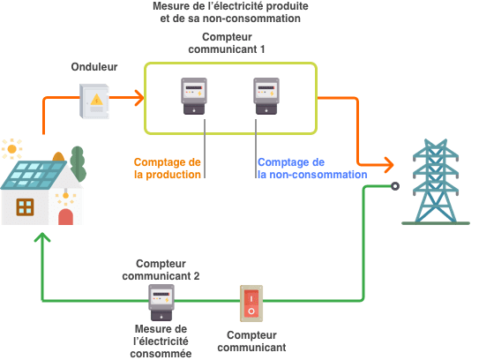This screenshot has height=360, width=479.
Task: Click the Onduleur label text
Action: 94,67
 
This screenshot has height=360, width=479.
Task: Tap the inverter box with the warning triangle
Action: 94,101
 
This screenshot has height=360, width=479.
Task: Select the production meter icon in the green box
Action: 194,96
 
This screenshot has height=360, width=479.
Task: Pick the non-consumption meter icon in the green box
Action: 266,96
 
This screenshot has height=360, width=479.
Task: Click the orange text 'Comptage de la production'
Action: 168,168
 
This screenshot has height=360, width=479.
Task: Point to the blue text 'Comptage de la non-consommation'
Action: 312,168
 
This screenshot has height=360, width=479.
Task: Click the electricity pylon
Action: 436,182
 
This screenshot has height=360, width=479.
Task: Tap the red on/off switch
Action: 251,304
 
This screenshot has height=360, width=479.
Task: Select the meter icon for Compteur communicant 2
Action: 161,303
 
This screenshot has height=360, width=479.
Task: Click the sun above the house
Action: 12,149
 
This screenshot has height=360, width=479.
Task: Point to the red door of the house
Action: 65,217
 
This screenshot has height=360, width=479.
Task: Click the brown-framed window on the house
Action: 25,206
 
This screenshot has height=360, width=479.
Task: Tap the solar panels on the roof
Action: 34,175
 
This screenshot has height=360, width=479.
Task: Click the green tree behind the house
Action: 78,164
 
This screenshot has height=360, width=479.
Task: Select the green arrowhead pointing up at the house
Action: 42,237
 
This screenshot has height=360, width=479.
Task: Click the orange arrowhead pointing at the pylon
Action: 389,165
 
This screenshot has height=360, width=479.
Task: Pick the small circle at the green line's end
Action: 395,186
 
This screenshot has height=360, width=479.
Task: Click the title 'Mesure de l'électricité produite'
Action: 230,6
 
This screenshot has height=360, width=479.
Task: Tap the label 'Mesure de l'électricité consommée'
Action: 161,341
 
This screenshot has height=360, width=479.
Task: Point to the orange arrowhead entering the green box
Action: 139,97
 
